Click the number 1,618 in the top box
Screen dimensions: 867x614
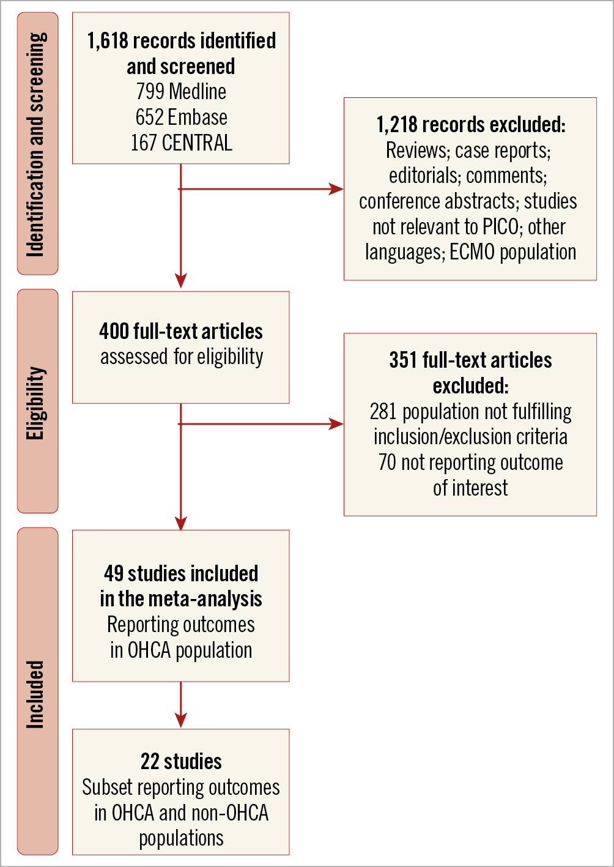pyautogui.click(x=108, y=41)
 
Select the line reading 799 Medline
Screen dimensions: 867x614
pyautogui.click(x=181, y=92)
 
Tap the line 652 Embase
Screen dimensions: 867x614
pyautogui.click(x=181, y=117)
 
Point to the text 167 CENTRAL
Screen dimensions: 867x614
pyautogui.click(x=181, y=143)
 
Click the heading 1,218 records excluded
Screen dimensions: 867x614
pyautogui.click(x=470, y=125)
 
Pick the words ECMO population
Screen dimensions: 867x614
pyautogui.click(x=512, y=252)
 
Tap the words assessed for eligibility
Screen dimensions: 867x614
pyautogui.click(x=181, y=357)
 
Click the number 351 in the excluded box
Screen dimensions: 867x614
pyautogui.click(x=404, y=360)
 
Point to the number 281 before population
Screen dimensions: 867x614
pyautogui.click(x=383, y=412)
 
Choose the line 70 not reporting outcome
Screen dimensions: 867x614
pyautogui.click(x=470, y=463)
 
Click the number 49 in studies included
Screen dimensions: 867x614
pyautogui.click(x=114, y=574)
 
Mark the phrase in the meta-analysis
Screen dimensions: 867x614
pyautogui.click(x=181, y=599)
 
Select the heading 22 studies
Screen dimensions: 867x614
pyautogui.click(x=181, y=762)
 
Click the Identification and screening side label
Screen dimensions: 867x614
pyautogui.click(x=37, y=144)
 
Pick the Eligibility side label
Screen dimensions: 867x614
pyautogui.click(x=37, y=402)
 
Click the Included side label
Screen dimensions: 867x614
pyautogui.click(x=37, y=694)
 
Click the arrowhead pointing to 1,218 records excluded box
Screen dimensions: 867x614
pyautogui.click(x=336, y=189)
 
